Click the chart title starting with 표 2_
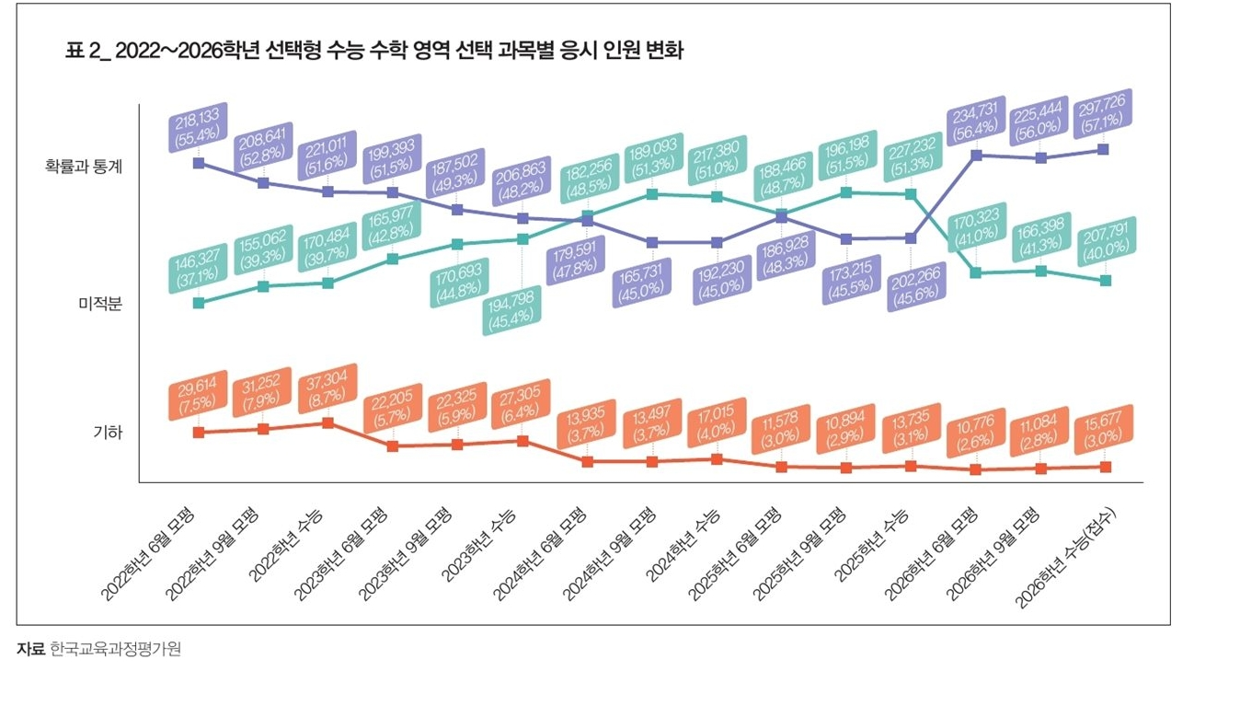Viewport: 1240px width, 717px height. pyautogui.click(x=374, y=51)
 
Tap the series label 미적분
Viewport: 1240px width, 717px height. pyautogui.click(x=100, y=304)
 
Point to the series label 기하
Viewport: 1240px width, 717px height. pyautogui.click(x=109, y=433)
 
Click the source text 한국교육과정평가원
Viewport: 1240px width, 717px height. pyautogui.click(x=116, y=649)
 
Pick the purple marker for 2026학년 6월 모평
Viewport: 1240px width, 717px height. pyautogui.click(x=976, y=155)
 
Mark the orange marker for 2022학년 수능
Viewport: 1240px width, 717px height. pyautogui.click(x=327, y=422)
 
